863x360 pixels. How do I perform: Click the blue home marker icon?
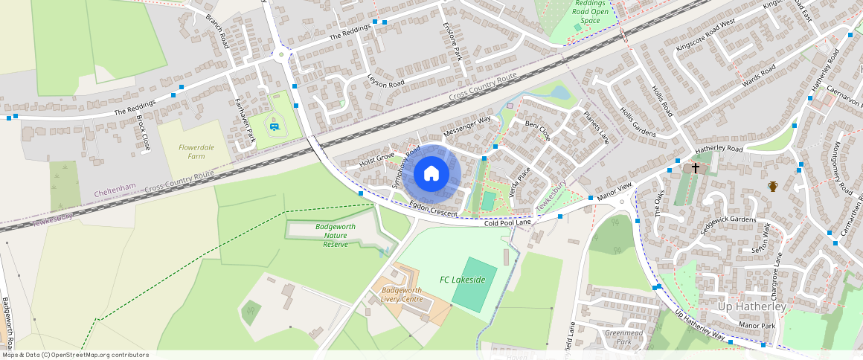(x=431, y=174)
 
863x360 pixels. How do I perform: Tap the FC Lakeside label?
(x=462, y=280)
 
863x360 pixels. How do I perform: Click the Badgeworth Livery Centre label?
(x=402, y=295)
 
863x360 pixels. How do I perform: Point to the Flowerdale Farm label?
(x=196, y=152)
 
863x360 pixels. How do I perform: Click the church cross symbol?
(x=696, y=168)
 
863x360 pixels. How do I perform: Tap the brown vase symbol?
(x=774, y=186)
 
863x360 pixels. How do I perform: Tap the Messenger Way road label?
(x=467, y=126)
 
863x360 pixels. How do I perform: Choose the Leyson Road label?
(x=385, y=80)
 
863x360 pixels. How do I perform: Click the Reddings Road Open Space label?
(x=590, y=12)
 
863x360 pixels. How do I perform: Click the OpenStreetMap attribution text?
(x=74, y=355)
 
